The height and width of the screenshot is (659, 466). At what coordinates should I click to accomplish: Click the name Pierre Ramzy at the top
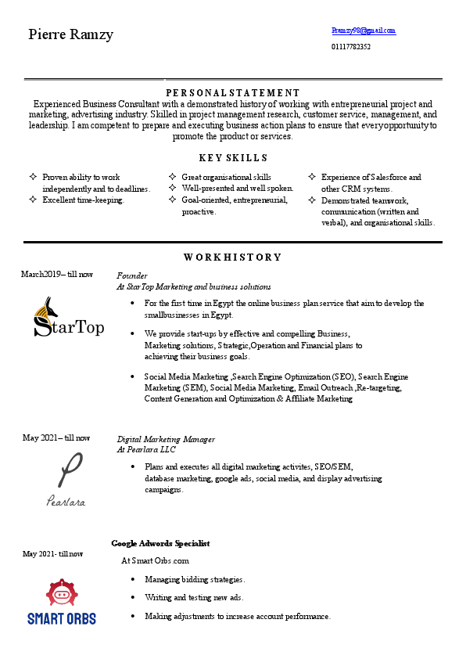point(71,34)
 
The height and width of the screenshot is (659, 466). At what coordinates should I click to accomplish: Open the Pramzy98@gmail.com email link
point(364,31)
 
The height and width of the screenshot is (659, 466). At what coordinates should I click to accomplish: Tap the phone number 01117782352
point(351,47)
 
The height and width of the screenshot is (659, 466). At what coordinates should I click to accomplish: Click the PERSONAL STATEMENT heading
point(233,92)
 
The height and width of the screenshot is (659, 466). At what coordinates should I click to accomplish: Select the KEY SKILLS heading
point(233,157)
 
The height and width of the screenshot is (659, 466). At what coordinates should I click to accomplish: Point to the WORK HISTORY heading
point(233,257)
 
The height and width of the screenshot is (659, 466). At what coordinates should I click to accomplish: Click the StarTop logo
point(69,318)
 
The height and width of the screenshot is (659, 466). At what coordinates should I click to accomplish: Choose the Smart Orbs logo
point(62,603)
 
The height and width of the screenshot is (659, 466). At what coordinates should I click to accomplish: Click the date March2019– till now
point(57,274)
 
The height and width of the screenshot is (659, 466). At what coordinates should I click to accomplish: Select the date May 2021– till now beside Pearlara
point(56,438)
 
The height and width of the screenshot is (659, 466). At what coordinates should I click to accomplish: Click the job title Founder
point(132,275)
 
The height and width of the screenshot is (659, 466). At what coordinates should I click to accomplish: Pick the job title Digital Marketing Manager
point(166,439)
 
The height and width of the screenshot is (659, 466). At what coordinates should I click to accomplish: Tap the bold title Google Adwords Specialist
point(160,543)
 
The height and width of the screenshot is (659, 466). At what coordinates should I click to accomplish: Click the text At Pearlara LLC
point(146,450)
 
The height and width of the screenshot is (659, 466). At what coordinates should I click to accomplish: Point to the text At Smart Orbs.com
point(155,560)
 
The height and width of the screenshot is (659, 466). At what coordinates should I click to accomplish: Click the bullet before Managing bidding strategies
point(133,579)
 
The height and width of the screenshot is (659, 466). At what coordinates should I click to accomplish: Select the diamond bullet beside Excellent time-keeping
point(32,200)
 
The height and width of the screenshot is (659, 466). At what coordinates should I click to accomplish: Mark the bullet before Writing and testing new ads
point(133,597)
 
